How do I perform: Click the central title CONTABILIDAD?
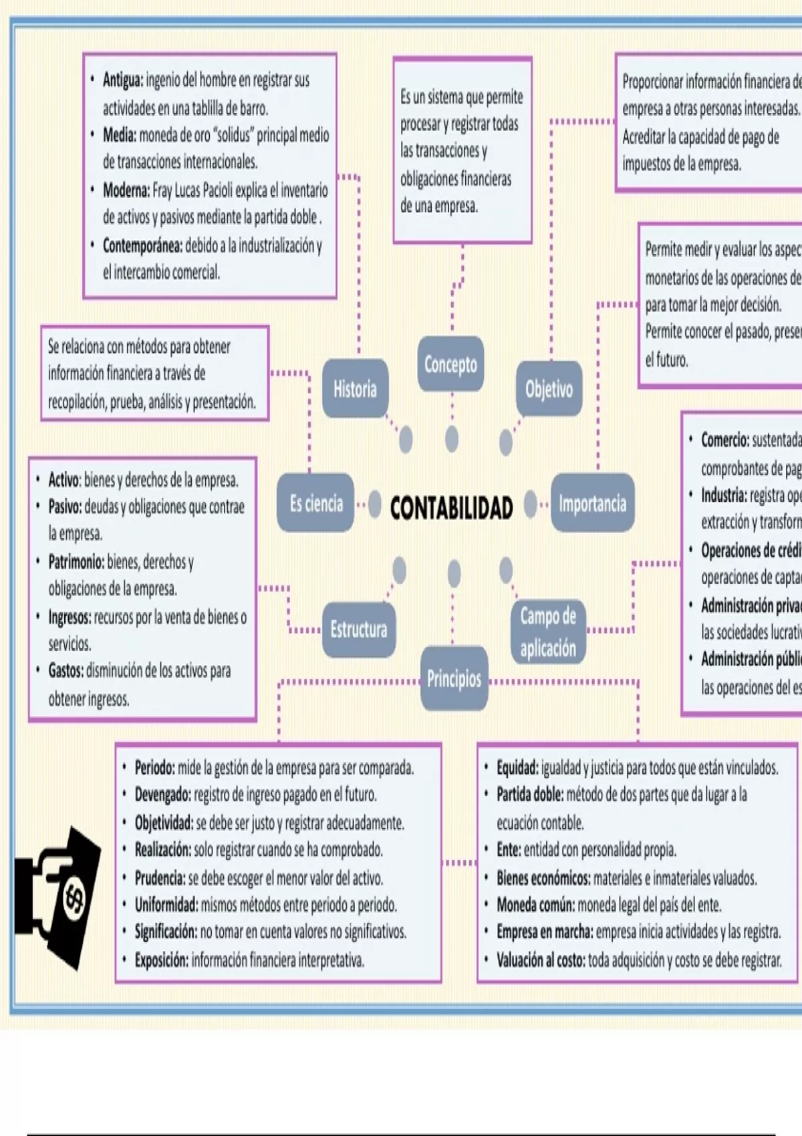[x=451, y=508]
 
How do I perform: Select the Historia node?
[x=355, y=389]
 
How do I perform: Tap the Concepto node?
[x=450, y=364]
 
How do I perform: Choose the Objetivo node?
[x=549, y=389]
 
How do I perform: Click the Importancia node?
[x=592, y=503]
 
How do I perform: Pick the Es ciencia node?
[x=316, y=503]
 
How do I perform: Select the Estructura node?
[x=359, y=629]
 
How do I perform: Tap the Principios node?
[x=454, y=679]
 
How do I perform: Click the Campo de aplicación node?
[x=548, y=631]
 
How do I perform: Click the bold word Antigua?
[x=122, y=80]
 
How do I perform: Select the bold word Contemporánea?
[x=142, y=246]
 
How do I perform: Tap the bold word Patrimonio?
[x=76, y=562]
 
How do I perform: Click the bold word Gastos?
[x=65, y=670]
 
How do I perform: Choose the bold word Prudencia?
[x=160, y=877]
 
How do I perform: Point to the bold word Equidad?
[x=517, y=768]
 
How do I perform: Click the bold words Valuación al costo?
[x=540, y=960]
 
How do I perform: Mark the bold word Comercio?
[x=724, y=440]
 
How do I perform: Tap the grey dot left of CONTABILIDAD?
[x=375, y=504]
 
